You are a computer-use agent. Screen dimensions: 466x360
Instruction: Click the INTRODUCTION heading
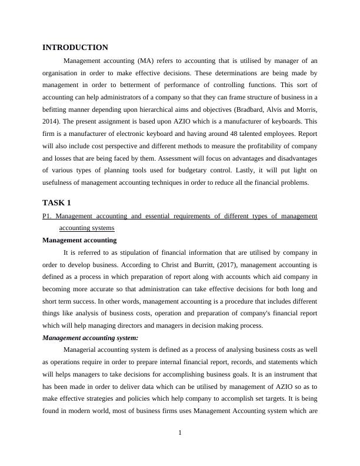[x=75, y=48]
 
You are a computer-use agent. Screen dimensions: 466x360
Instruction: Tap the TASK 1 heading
[x=56, y=203]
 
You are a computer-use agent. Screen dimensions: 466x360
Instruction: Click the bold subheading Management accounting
[x=79, y=240]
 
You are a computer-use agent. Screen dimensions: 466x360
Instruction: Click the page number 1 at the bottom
[x=180, y=434]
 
